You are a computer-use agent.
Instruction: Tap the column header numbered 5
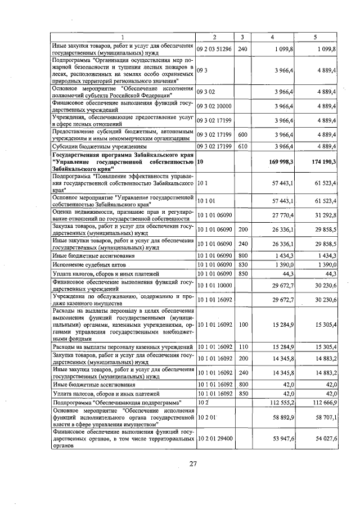(315, 37)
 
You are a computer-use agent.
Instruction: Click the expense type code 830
(243, 264)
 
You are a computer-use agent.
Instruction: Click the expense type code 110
(243, 346)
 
